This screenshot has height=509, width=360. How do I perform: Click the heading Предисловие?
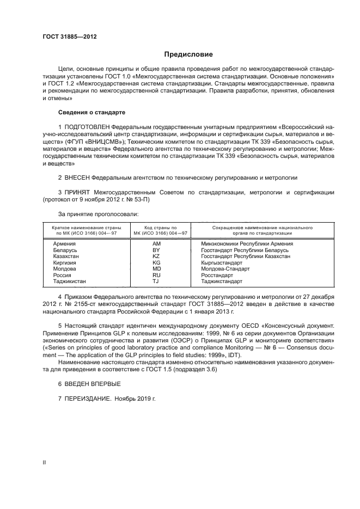[188, 54]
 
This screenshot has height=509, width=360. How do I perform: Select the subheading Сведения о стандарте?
[91, 112]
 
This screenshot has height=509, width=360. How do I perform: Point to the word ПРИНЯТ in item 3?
[77, 192]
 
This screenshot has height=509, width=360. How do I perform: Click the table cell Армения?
[64, 243]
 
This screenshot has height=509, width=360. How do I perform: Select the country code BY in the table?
[156, 250]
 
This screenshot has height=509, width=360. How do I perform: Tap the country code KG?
[156, 262]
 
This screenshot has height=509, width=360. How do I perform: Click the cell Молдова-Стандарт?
[225, 269]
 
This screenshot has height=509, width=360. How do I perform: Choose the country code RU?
[156, 275]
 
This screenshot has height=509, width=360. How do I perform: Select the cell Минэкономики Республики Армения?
[247, 243]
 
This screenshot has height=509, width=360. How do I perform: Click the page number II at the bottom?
[44, 462]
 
